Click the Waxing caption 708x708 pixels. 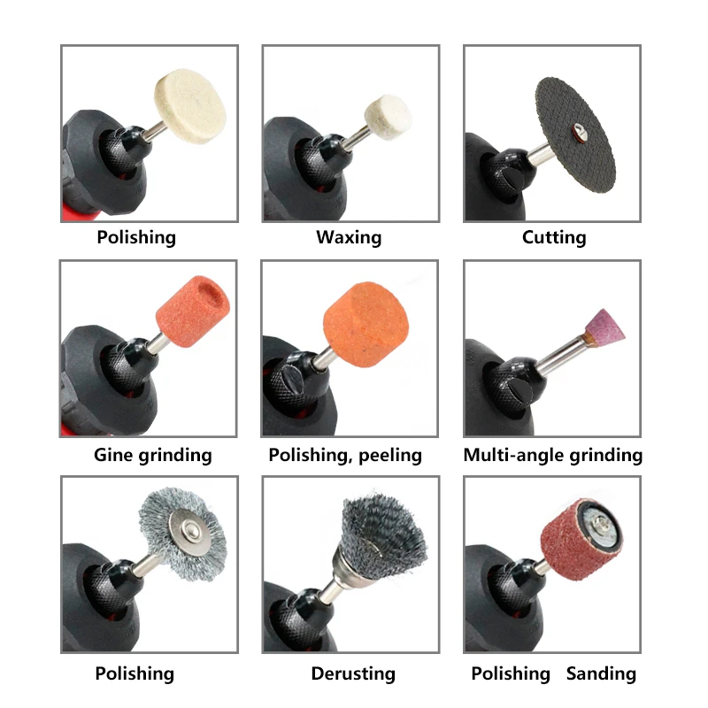click(349, 237)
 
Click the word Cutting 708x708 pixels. click(554, 237)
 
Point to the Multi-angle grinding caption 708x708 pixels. click(553, 456)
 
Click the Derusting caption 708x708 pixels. click(352, 673)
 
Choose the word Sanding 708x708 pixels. click(601, 673)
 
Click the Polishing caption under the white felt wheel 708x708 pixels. click(136, 237)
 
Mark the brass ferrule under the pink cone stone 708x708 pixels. click(587, 338)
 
